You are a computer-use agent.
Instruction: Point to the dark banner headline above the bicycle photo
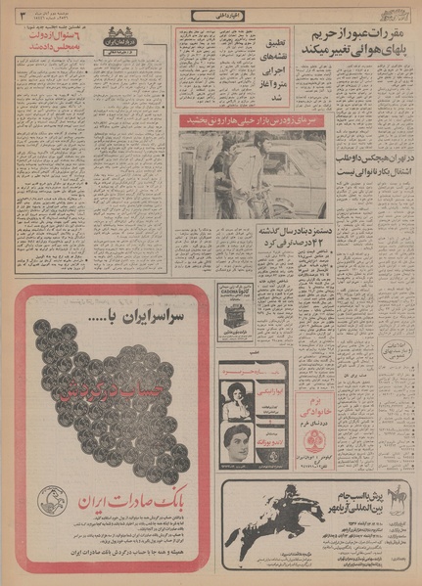click(x=253, y=118)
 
